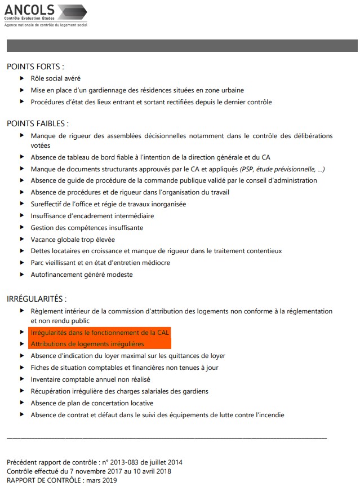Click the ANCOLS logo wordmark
click(x=29, y=10)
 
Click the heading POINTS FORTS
click(x=35, y=66)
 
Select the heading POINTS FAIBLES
click(x=37, y=123)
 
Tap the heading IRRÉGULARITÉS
click(x=37, y=298)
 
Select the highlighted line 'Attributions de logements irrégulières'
click(x=87, y=344)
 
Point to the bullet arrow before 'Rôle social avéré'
click(x=22, y=78)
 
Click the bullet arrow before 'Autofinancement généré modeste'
click(x=22, y=275)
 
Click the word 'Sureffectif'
click(x=46, y=204)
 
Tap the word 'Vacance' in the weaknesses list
click(x=43, y=240)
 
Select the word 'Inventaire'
click(x=46, y=379)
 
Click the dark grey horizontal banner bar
click(x=182, y=46)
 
